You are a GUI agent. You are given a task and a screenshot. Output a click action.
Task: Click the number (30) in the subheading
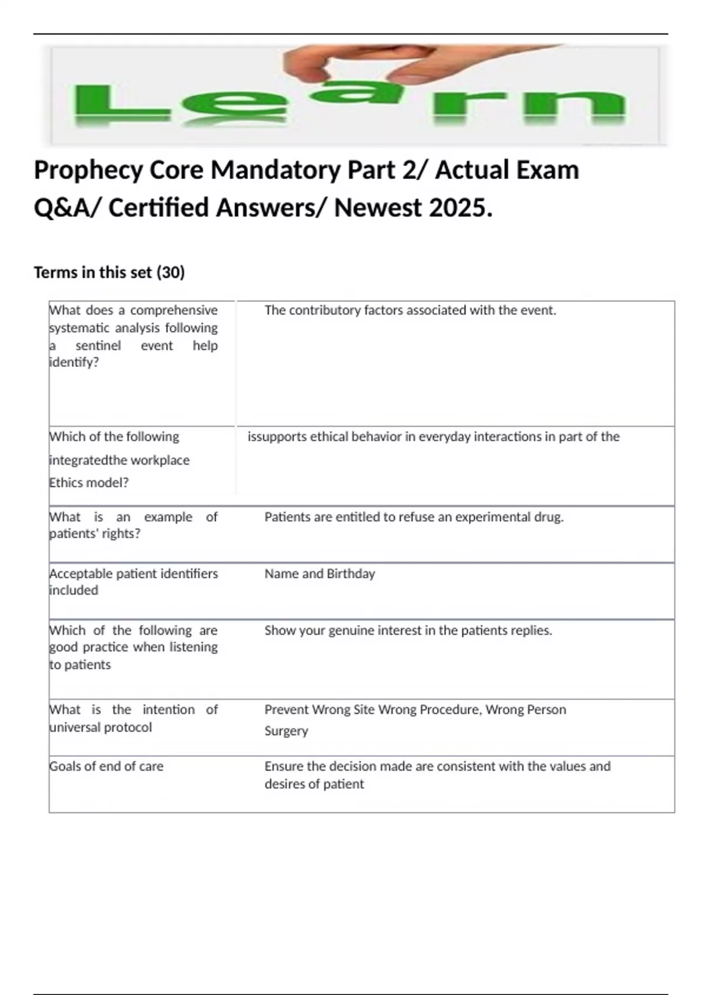[x=171, y=273]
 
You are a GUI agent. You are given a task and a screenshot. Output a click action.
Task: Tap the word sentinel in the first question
[x=98, y=346]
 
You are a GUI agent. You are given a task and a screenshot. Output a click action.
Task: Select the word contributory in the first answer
[x=325, y=310]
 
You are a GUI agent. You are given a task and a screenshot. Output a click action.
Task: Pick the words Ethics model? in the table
[x=89, y=483]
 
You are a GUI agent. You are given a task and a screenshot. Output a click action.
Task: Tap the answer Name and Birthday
[x=319, y=574]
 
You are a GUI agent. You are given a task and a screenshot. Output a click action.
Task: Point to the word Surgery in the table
[x=286, y=731]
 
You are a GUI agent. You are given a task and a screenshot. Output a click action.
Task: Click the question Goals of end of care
[x=106, y=767]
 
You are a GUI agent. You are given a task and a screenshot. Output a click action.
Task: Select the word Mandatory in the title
[x=275, y=171]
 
